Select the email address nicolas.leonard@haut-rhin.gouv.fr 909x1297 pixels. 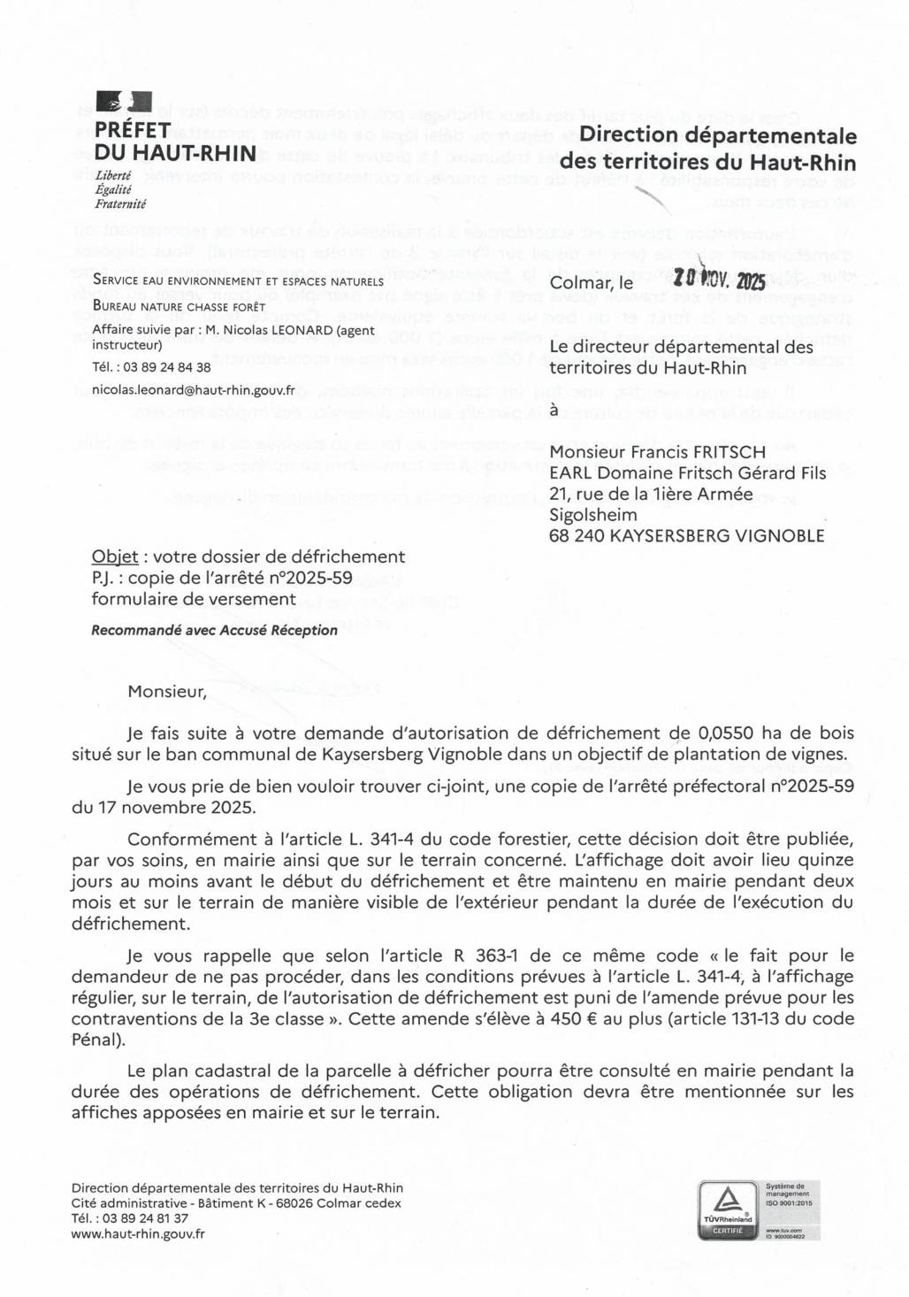click(x=194, y=389)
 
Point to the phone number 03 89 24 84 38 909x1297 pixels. click(x=162, y=367)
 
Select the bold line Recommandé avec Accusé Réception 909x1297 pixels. click(x=214, y=630)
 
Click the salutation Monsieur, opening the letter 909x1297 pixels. click(x=166, y=692)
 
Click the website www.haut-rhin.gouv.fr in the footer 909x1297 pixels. click(x=138, y=1232)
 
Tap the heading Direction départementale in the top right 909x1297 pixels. click(x=718, y=136)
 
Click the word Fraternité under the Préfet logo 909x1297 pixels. click(x=120, y=203)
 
